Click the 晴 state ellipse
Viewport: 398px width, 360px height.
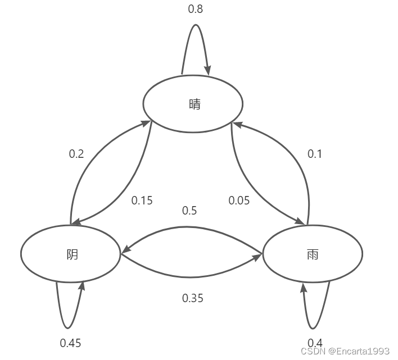click(x=193, y=104)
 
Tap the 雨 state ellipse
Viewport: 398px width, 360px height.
click(x=313, y=254)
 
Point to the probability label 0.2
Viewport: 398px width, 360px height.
click(x=76, y=154)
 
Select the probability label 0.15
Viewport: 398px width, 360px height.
click(x=142, y=200)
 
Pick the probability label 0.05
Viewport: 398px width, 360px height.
click(x=239, y=200)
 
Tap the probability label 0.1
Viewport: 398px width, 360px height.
click(x=314, y=154)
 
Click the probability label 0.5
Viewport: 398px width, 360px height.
click(x=189, y=211)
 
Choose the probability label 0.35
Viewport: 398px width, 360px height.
click(x=193, y=298)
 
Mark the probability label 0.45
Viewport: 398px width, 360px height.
click(x=71, y=342)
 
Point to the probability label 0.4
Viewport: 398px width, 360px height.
click(x=315, y=342)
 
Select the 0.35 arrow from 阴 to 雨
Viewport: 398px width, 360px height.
click(x=191, y=277)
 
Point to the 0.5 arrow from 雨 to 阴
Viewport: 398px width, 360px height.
click(x=191, y=227)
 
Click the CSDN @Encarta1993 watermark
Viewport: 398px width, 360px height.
click(x=345, y=351)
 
